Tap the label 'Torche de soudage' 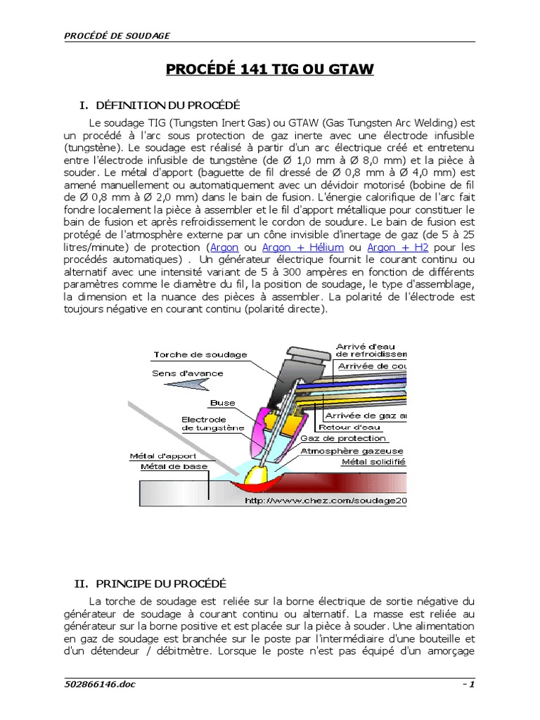tap(191, 355)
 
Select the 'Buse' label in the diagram tap(222, 403)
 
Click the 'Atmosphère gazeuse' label tap(352, 451)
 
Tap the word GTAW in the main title tap(349, 69)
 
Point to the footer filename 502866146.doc tap(99, 685)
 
